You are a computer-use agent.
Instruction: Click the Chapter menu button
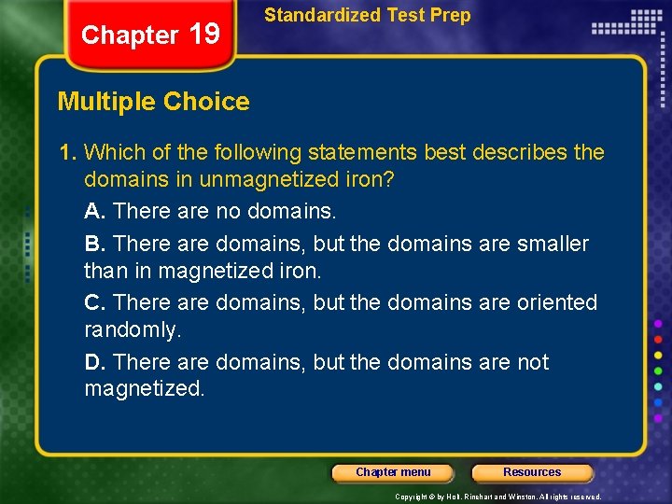click(x=393, y=472)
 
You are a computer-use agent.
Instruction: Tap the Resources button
click(x=532, y=472)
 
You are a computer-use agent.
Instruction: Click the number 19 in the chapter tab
click(x=204, y=35)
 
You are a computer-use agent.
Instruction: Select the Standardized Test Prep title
click(x=368, y=15)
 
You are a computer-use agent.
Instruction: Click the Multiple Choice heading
click(x=154, y=102)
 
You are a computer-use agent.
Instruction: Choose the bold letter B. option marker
click(x=95, y=244)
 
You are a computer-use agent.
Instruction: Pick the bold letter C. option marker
click(x=95, y=302)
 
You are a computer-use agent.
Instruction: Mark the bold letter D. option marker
click(x=95, y=362)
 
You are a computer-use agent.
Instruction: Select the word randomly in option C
click(x=132, y=329)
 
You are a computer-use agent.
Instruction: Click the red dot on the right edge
click(x=658, y=338)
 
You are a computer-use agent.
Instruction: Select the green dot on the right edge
click(x=658, y=371)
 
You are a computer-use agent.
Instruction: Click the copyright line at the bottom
click(x=498, y=497)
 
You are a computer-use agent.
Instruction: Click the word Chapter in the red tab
click(x=130, y=35)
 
